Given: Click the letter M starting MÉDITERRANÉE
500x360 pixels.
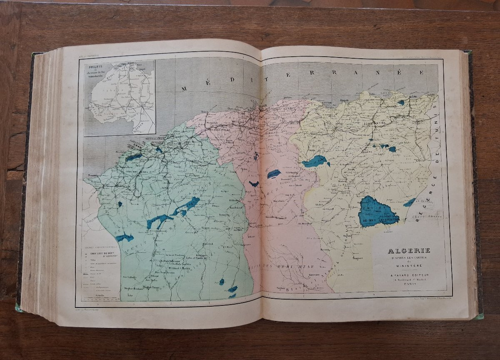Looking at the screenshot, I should (185, 88).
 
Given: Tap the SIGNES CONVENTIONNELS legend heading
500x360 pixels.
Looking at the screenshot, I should (97, 246).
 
